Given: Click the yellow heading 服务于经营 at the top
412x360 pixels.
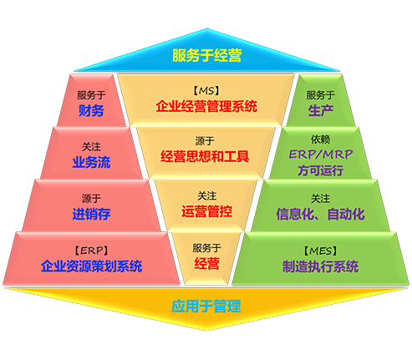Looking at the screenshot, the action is click(206, 55).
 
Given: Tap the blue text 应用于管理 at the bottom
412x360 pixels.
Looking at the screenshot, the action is click(206, 307).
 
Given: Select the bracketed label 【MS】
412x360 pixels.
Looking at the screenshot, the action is click(206, 91).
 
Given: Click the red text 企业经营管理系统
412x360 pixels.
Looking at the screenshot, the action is click(206, 106).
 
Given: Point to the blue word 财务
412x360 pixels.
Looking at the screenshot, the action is click(91, 110).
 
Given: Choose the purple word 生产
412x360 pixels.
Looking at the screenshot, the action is click(321, 110).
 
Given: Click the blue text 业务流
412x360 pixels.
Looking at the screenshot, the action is click(91, 162).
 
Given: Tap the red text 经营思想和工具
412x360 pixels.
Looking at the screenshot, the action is click(205, 156).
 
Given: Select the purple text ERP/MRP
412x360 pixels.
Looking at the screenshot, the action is click(321, 155).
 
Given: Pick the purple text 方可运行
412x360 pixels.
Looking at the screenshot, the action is click(321, 170).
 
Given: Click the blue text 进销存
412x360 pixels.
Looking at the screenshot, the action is click(91, 214).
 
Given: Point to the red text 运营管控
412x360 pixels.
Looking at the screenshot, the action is click(206, 211).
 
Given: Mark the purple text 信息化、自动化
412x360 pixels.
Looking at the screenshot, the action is click(321, 214).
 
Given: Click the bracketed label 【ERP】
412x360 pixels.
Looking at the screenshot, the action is click(91, 251).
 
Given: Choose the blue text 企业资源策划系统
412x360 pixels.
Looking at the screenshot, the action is click(91, 266).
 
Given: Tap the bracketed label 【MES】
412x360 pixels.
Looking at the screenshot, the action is click(321, 251).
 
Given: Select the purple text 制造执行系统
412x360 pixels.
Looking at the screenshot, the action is click(321, 266).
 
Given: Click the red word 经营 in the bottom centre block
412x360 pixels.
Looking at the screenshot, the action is click(206, 263).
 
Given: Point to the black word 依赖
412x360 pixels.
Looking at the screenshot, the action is click(321, 139).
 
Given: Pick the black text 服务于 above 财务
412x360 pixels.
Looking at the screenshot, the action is click(91, 95).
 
